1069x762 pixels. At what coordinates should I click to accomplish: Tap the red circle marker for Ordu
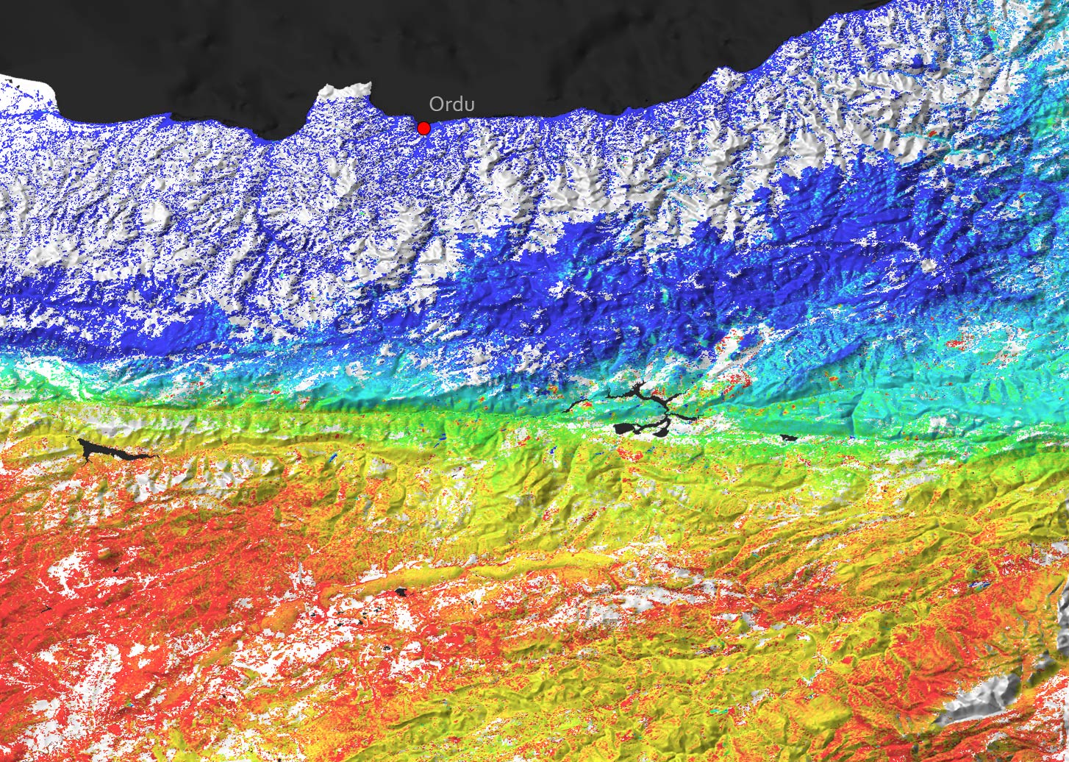coord(423,128)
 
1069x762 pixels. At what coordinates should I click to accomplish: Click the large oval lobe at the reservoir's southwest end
coord(625,428)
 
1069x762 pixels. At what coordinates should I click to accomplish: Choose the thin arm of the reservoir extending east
coord(687,417)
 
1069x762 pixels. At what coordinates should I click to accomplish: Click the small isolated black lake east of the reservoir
coord(788,438)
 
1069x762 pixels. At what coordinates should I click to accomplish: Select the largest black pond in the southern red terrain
coord(401,591)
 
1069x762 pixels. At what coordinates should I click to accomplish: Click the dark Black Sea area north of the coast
coord(515,44)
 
